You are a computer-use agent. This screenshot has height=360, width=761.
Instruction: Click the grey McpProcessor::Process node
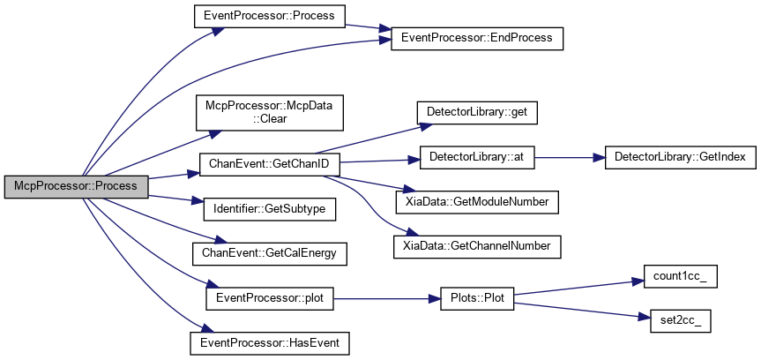tap(76, 187)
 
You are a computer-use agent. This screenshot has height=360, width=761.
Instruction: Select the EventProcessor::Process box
tap(269, 16)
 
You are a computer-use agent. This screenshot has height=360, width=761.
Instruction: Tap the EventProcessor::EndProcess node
tap(477, 38)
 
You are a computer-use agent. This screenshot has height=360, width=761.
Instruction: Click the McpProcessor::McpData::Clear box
tap(269, 113)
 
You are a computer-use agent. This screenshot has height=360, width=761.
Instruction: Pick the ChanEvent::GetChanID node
tap(269, 165)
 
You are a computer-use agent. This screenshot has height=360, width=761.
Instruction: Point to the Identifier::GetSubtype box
tap(269, 209)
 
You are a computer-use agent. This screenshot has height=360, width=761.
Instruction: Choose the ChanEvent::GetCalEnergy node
tap(269, 253)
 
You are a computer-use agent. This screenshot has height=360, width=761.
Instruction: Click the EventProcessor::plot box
tap(269, 299)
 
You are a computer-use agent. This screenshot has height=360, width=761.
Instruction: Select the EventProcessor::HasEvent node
tap(269, 342)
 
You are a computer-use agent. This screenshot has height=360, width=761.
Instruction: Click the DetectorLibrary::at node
tap(477, 157)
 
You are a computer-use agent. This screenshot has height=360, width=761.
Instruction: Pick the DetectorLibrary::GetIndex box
tap(681, 157)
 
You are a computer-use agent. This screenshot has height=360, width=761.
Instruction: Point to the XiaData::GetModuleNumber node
tap(477, 202)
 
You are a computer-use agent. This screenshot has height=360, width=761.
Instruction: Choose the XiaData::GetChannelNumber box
tap(477, 246)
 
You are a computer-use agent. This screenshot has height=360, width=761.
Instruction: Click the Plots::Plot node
tap(477, 299)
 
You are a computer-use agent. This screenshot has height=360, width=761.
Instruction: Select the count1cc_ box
tap(681, 276)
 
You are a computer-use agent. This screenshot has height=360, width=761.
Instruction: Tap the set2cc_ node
tap(681, 321)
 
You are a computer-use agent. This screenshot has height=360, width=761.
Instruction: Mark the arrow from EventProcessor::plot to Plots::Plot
tap(387, 299)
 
